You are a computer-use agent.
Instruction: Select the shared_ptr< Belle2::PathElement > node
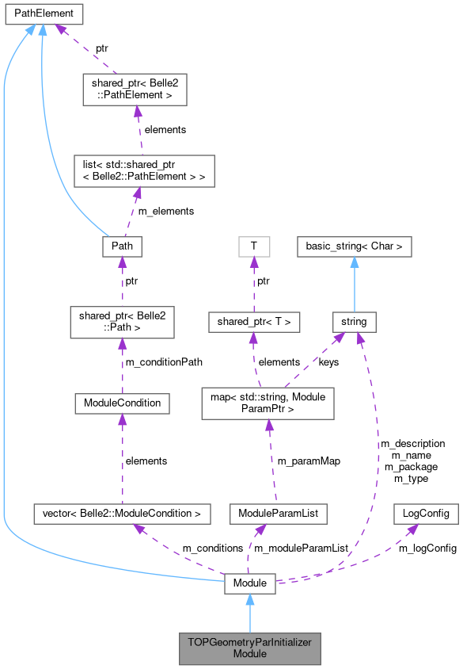tap(135, 90)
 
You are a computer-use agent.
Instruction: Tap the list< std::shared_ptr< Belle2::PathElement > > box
tap(139, 172)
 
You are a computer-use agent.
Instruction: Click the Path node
tap(122, 247)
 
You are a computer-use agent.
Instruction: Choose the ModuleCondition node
tap(122, 403)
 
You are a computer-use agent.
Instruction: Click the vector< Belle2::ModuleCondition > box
tap(122, 514)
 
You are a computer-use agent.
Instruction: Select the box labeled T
tap(253, 247)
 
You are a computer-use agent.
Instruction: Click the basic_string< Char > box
tap(355, 247)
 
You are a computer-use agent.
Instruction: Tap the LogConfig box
tap(427, 514)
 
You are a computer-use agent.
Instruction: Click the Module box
tap(250, 584)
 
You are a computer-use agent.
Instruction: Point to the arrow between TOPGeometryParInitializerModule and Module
tap(250, 614)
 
